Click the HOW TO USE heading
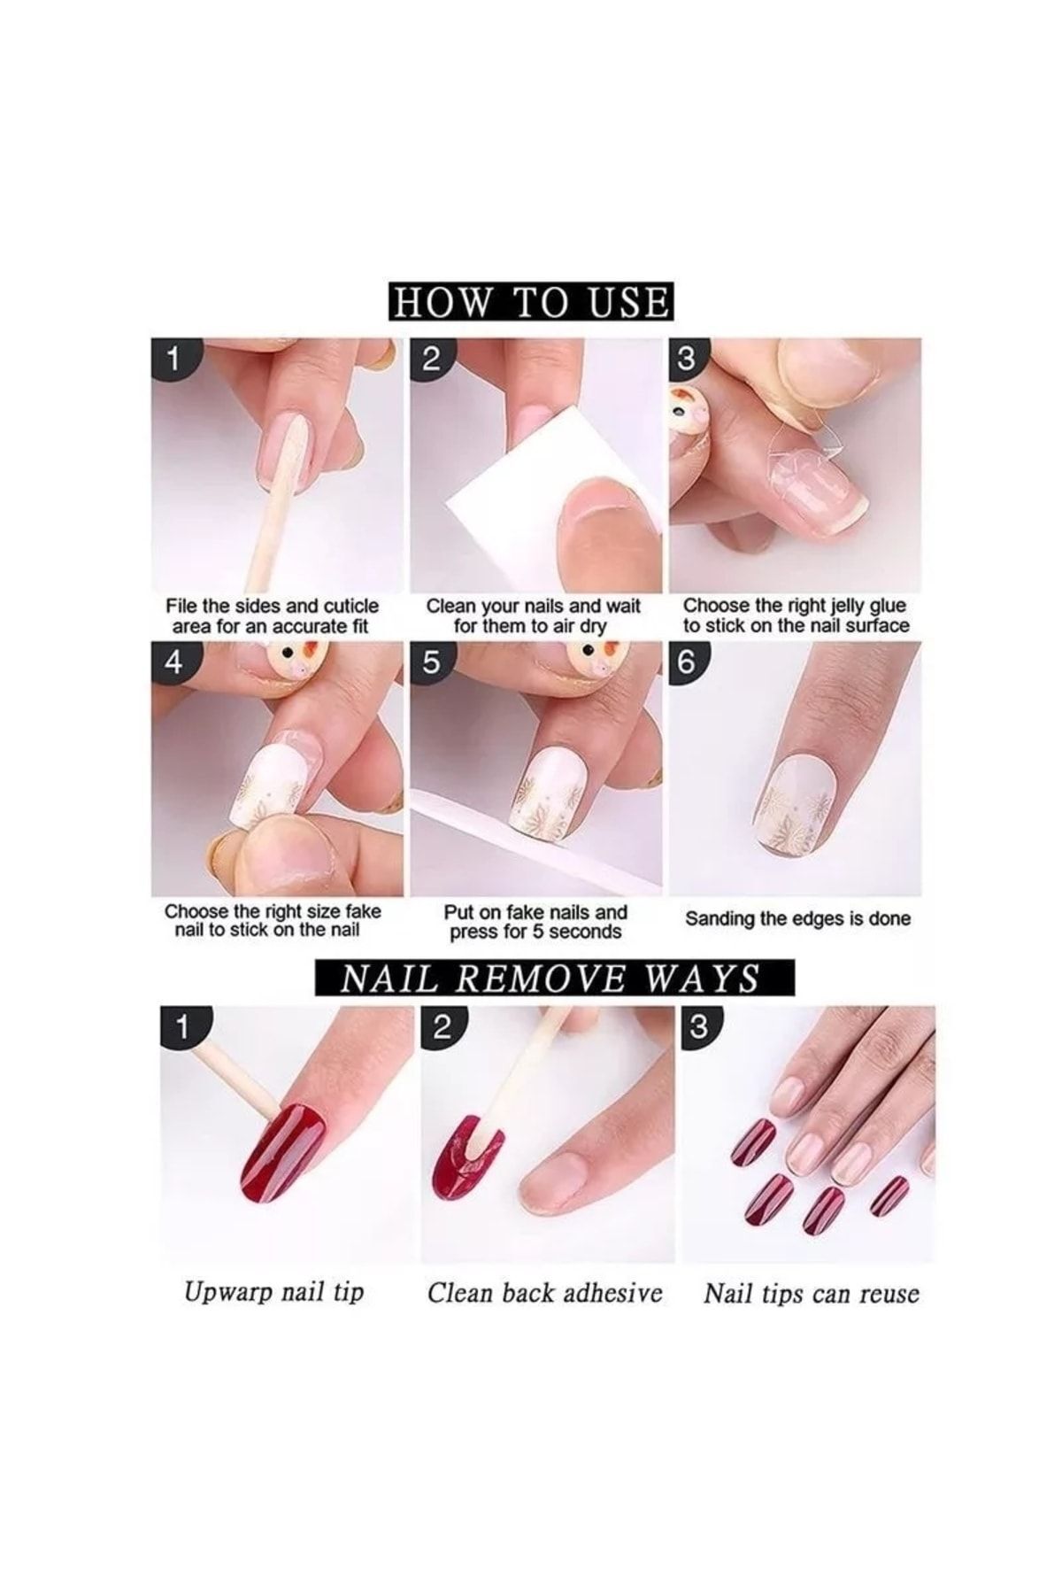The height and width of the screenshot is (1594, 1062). [531, 302]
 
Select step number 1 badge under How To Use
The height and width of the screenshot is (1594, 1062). [174, 360]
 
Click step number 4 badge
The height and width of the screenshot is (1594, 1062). [174, 663]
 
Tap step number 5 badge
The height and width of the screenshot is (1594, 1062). [431, 663]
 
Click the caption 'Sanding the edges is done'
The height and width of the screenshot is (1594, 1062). [797, 918]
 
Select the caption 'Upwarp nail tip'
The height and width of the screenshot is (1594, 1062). [274, 1292]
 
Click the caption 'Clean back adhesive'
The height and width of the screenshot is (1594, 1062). [545, 1293]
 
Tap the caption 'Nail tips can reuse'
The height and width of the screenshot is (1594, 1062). [812, 1294]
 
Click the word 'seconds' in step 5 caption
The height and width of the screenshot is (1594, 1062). [584, 932]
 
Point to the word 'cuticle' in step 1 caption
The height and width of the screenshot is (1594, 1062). [347, 607]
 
